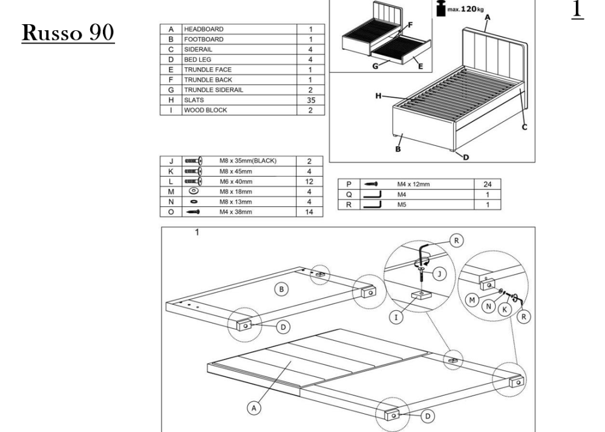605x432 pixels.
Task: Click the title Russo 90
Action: pos(68,33)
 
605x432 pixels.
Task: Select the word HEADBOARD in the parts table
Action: pos(204,29)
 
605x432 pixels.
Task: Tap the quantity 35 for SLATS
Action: pos(311,100)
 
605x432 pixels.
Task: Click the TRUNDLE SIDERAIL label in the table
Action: pos(214,90)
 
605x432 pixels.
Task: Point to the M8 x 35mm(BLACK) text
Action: pos(248,161)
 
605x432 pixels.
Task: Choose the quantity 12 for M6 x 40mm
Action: pos(309,182)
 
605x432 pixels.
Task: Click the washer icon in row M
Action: pos(194,191)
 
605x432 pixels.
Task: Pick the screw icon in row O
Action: pos(193,212)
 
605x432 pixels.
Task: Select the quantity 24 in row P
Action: pos(487,185)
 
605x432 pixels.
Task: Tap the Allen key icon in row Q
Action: pos(372,194)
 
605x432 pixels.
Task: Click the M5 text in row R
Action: pos(402,205)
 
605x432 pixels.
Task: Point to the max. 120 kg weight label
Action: pos(460,8)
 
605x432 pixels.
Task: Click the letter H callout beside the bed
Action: pos(379,96)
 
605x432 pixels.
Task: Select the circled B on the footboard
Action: pos(282,289)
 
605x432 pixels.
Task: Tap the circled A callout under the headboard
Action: pos(254,408)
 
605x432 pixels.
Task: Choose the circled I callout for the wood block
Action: pos(396,318)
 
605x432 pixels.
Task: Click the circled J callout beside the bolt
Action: pos(439,274)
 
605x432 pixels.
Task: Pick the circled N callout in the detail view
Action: pos(489,307)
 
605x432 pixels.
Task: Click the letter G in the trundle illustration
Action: pos(376,67)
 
